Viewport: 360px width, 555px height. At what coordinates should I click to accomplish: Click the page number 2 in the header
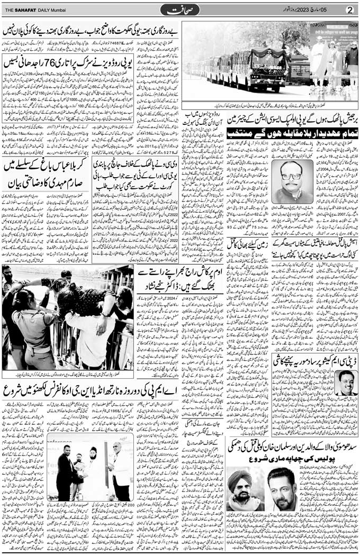349,10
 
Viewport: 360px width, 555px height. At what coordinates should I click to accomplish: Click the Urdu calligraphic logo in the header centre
181,10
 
